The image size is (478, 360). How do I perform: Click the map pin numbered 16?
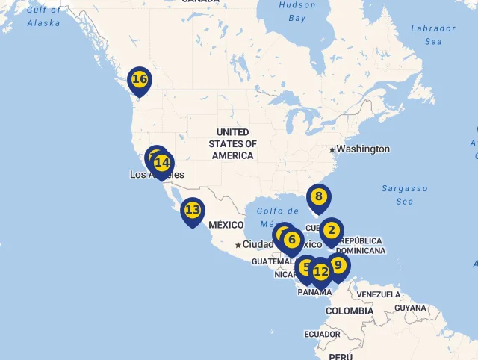(139, 79)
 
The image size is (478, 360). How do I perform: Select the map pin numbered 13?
(193, 211)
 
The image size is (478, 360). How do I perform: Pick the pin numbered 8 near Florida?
(318, 198)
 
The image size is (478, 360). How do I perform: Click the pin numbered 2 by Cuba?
(332, 231)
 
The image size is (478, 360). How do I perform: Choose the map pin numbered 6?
(292, 240)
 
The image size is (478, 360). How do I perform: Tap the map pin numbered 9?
(338, 266)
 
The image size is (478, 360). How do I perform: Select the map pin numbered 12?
(320, 272)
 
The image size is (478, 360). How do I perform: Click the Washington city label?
(363, 149)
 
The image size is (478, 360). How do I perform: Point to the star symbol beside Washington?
(332, 149)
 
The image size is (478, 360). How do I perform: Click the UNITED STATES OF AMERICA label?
(232, 144)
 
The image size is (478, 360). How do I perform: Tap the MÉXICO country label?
(226, 225)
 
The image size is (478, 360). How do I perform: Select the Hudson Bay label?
(297, 11)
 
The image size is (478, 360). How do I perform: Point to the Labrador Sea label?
(433, 35)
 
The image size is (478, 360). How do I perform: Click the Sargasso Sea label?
(404, 195)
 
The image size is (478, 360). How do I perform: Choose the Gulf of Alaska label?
(43, 16)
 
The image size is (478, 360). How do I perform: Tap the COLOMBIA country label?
(350, 311)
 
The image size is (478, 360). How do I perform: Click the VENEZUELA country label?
(378, 295)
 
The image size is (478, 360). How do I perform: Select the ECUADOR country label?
(322, 334)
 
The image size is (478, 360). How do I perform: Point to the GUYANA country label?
(410, 308)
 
